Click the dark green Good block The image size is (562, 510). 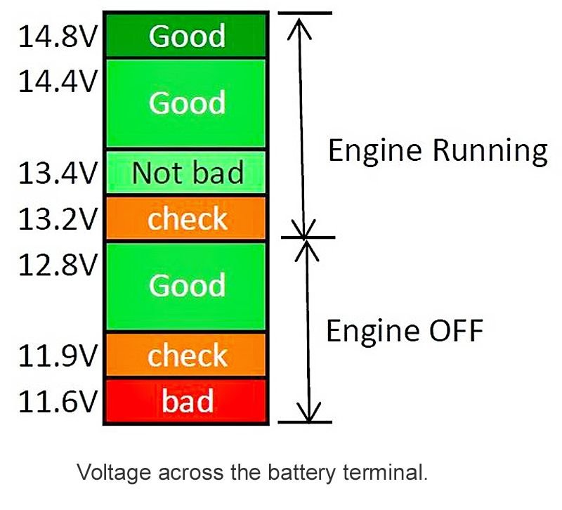[x=187, y=35]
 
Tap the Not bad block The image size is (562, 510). [x=187, y=172]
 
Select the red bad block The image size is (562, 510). [x=187, y=401]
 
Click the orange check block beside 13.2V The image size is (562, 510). [x=187, y=218]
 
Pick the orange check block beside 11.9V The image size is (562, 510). [x=187, y=355]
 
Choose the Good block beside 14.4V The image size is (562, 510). [x=187, y=103]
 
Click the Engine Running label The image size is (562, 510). [x=437, y=150]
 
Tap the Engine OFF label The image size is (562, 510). [x=405, y=329]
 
